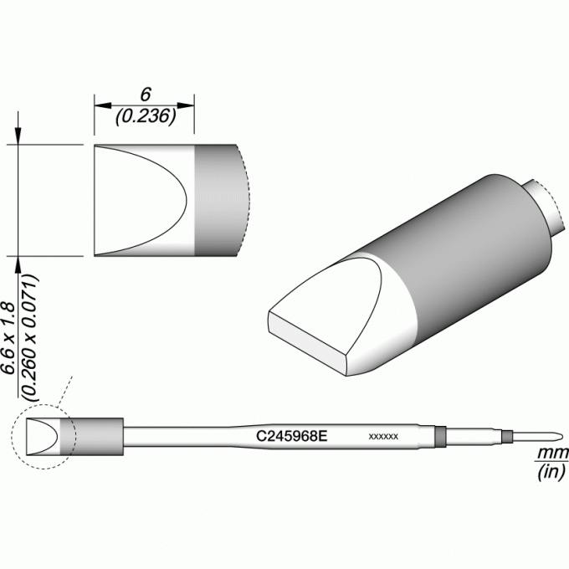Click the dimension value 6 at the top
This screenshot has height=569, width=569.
click(x=146, y=95)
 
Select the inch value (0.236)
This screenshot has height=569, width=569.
click(x=146, y=116)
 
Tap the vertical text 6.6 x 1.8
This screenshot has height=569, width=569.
click(x=8, y=338)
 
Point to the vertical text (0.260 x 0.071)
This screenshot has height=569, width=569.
click(x=30, y=338)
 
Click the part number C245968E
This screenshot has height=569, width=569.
click(x=292, y=436)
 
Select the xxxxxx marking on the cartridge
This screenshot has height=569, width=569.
click(x=383, y=436)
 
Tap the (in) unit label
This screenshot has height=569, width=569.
click(x=551, y=471)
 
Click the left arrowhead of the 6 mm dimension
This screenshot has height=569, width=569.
click(x=102, y=105)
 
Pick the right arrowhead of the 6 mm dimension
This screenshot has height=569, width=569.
click(x=186, y=105)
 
